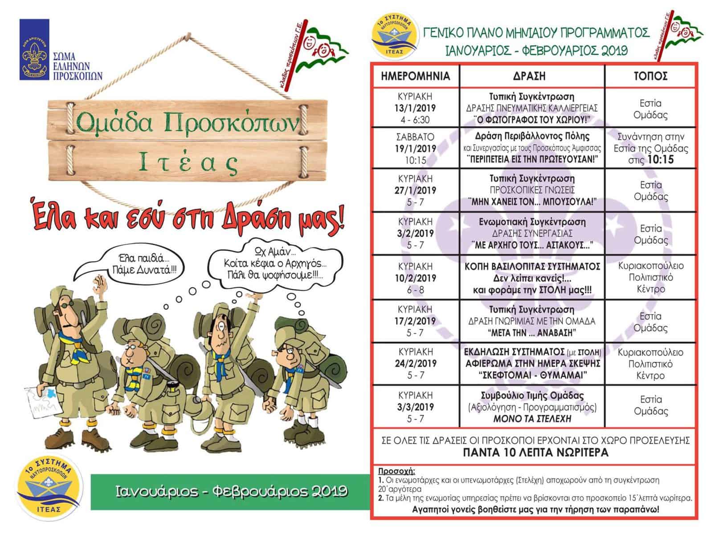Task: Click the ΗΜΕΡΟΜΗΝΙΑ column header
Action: pos(415,76)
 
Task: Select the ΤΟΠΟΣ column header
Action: pos(650,76)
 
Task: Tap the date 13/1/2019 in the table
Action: pos(415,108)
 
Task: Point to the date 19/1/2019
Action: pos(415,149)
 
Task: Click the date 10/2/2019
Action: pos(415,278)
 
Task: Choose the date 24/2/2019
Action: pos(415,364)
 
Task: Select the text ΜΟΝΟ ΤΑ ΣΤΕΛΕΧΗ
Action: pos(531,419)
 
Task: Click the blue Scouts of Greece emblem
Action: pos(34,50)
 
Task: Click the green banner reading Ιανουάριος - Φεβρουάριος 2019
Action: pos(231,491)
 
